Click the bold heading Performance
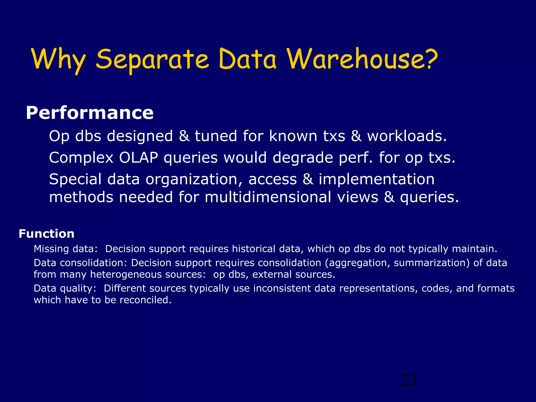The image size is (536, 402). [90, 113]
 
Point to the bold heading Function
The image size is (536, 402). [47, 234]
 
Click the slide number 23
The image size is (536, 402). [408, 380]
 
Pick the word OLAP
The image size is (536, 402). [138, 158]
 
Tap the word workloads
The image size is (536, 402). [407, 136]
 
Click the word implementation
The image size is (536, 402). [376, 179]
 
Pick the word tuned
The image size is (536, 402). [216, 136]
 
